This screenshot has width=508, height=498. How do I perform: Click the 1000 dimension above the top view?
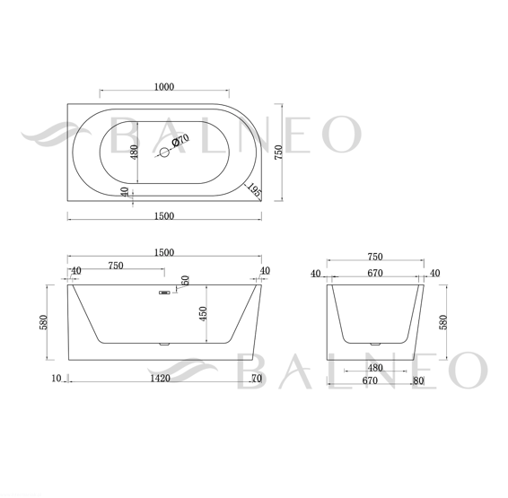(164, 87)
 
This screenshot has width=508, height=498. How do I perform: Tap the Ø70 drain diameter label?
(180, 141)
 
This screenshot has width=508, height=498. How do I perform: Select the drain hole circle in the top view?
(164, 153)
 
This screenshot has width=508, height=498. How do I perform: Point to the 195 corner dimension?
(254, 190)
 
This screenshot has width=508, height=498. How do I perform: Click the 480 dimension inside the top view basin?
(134, 152)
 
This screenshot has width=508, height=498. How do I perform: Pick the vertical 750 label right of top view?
(278, 152)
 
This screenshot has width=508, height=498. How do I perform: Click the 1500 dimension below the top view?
(164, 216)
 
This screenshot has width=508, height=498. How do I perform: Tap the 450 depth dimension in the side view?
(203, 313)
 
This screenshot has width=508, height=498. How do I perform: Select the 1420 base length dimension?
(161, 378)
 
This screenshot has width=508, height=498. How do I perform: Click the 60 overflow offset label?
(185, 281)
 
